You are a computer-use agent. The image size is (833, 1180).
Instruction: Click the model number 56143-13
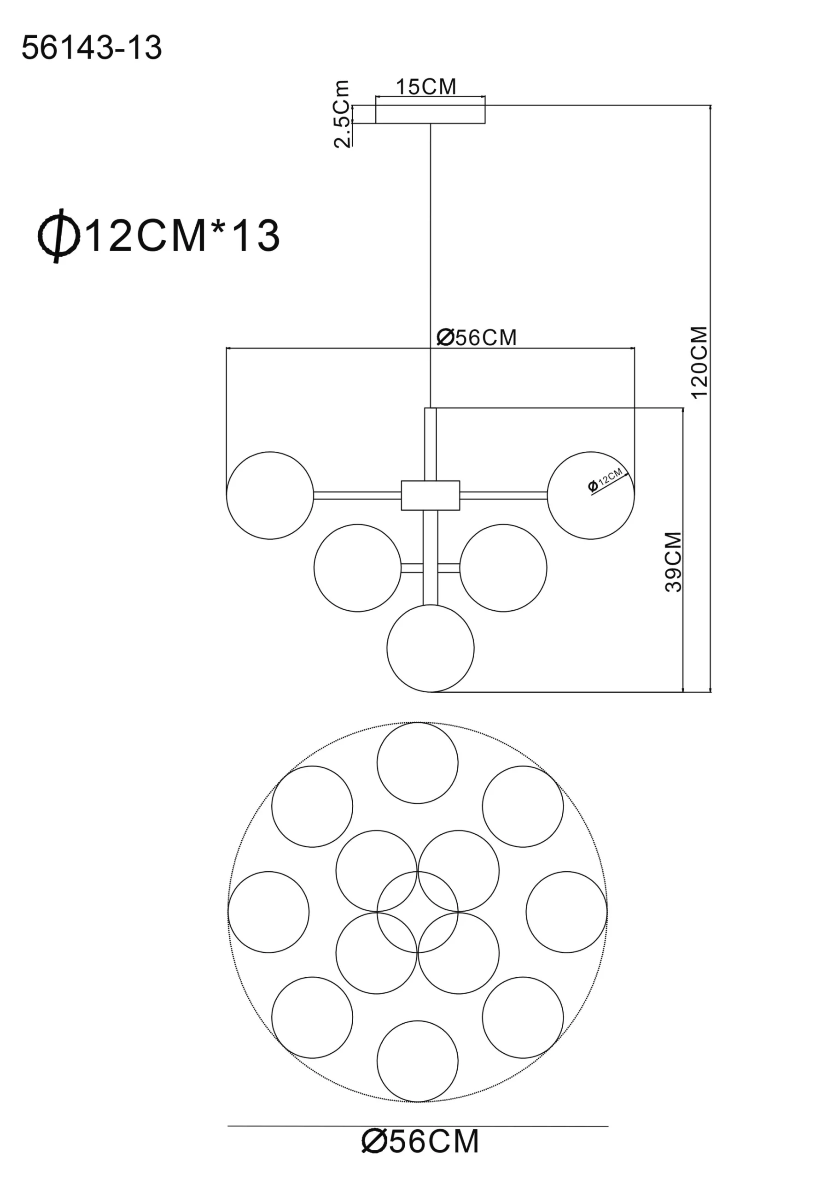coord(92,48)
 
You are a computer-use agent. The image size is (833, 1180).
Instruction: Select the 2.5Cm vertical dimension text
coord(342,114)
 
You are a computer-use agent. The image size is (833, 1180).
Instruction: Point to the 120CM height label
coord(699,362)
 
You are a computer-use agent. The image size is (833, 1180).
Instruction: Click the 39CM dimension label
coord(673,562)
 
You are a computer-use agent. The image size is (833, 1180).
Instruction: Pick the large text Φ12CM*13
coord(159,236)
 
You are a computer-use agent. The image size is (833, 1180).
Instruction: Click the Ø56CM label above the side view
coord(477,338)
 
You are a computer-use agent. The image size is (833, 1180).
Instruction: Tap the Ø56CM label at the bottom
coord(420,1156)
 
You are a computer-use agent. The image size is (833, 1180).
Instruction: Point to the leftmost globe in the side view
coord(270,496)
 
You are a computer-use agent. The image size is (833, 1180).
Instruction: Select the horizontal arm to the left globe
coord(357,496)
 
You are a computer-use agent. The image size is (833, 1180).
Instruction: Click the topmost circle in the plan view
coord(417,763)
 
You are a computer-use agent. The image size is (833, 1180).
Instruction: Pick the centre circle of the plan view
coord(417,912)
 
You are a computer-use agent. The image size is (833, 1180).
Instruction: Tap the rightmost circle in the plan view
coord(566,912)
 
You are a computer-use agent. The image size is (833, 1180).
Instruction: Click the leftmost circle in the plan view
coord(268,912)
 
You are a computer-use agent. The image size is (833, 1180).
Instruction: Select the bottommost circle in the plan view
coord(417,1061)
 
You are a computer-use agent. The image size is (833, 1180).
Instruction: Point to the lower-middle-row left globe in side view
coord(357,568)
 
